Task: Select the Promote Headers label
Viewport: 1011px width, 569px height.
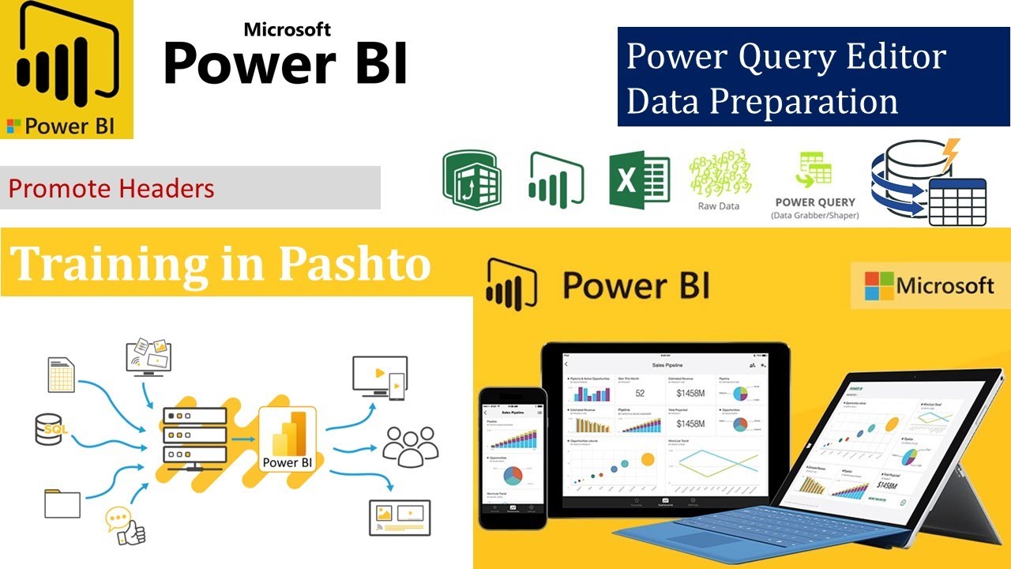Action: coord(111,189)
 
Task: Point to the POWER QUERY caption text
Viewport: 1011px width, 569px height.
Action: coord(814,202)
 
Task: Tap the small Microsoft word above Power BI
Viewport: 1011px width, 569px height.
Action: coord(288,29)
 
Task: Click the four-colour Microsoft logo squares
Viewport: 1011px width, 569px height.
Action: coord(878,285)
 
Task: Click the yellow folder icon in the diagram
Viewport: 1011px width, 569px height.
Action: coord(62,503)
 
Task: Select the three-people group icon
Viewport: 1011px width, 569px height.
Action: coord(409,446)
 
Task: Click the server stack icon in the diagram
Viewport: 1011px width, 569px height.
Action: coord(194,435)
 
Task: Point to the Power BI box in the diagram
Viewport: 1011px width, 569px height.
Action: coord(288,439)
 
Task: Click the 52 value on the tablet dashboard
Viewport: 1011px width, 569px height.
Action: coord(640,393)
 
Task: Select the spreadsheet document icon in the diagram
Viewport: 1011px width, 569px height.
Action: coord(62,375)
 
